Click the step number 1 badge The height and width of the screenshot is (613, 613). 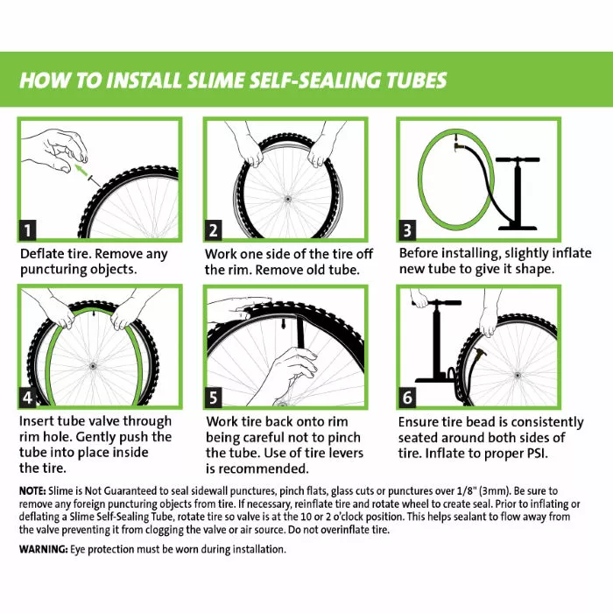click(29, 231)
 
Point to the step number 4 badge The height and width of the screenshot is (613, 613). click(29, 398)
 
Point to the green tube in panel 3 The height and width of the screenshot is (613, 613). click(443, 180)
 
